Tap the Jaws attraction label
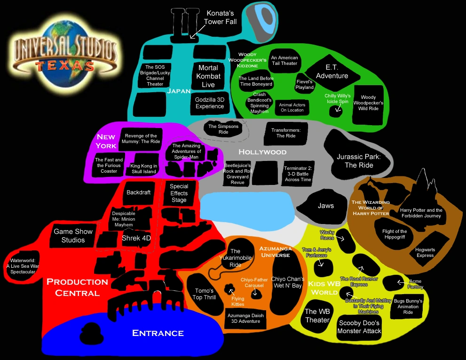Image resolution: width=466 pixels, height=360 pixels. click(x=325, y=206)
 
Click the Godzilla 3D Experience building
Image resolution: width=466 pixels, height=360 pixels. click(x=210, y=103)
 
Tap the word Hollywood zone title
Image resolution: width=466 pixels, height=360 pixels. click(x=262, y=152)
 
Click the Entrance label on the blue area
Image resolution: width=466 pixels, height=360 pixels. click(x=158, y=333)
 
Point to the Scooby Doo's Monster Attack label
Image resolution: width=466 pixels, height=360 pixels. click(x=359, y=327)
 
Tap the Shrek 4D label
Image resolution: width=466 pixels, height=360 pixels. click(x=136, y=238)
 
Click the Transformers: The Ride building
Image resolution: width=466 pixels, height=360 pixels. click(x=286, y=133)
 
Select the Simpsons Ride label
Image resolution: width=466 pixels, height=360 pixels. click(x=223, y=129)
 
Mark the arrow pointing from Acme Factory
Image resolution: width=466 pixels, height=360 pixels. click(x=400, y=283)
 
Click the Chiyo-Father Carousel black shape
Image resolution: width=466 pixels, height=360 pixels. click(x=256, y=295)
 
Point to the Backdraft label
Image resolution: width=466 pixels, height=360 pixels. click(x=138, y=192)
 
